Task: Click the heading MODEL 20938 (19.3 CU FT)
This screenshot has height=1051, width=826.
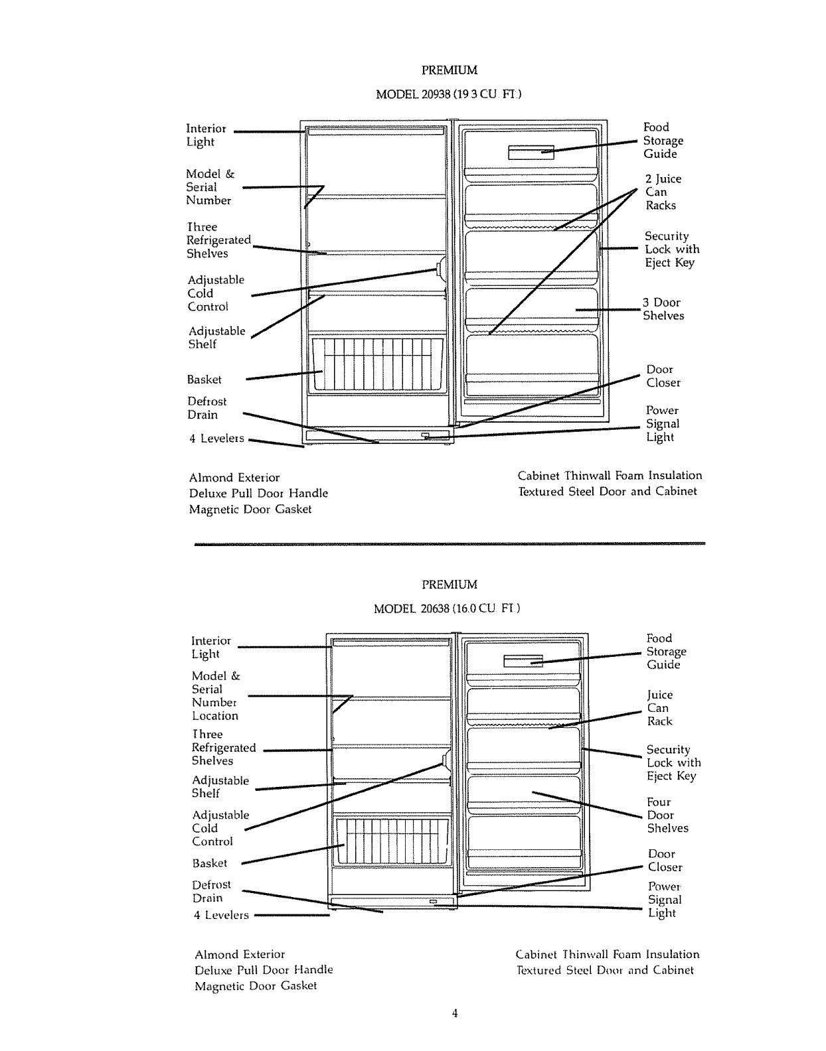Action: tap(449, 94)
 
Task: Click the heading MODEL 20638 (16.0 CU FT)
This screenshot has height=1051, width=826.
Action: tap(447, 608)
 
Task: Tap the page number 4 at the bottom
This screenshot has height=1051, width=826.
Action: tap(455, 1013)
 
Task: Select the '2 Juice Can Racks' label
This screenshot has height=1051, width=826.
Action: tap(663, 192)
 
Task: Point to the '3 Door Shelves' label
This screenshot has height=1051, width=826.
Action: tap(663, 309)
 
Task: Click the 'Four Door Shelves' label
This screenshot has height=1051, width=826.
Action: tap(667, 815)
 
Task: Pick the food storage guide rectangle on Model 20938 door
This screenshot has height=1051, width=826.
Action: tap(531, 153)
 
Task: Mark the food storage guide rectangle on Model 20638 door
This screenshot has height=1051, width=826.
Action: tap(523, 661)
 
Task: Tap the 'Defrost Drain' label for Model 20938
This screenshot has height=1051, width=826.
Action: tap(206, 408)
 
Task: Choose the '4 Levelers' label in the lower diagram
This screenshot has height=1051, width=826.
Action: tap(221, 916)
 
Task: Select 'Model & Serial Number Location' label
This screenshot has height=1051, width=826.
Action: tap(214, 696)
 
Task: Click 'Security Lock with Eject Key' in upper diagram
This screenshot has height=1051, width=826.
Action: tap(671, 249)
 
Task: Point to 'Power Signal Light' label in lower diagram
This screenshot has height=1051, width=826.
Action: tap(664, 900)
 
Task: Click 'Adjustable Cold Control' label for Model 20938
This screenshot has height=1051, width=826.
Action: tap(216, 293)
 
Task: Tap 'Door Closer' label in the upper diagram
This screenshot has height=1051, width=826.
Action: tap(663, 376)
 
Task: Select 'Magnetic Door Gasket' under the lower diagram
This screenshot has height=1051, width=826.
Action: tap(256, 986)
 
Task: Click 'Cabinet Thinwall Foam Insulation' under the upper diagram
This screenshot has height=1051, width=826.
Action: tap(610, 476)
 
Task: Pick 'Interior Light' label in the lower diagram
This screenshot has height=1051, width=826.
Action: tap(210, 648)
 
